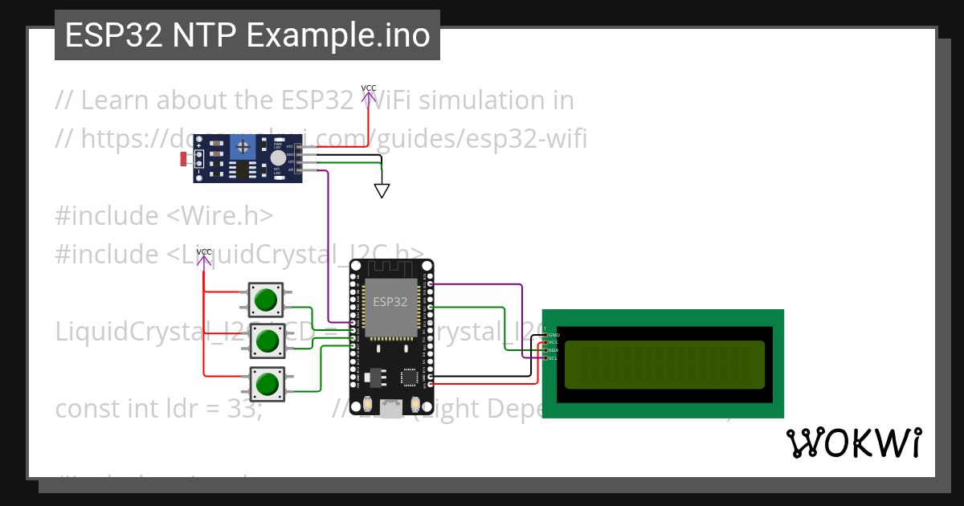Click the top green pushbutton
tap(265, 300)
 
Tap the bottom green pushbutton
tap(265, 385)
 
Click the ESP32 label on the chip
tap(390, 302)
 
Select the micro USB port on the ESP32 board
tap(391, 409)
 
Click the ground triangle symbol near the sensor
tap(382, 190)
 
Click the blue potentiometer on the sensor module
tap(242, 146)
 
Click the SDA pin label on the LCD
tap(553, 350)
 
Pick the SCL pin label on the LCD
tap(553, 358)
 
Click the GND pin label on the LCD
tap(553, 334)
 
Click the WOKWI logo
tap(853, 443)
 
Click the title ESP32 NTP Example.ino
tap(247, 35)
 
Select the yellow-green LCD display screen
tap(664, 365)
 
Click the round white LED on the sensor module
tap(277, 159)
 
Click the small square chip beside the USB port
tap(411, 376)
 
